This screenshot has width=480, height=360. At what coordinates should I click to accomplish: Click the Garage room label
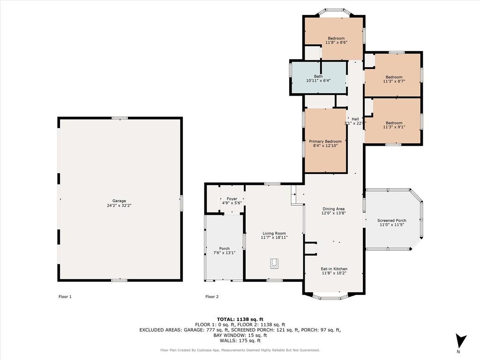click(119, 201)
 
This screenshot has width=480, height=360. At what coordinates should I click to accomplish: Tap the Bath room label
click(318, 76)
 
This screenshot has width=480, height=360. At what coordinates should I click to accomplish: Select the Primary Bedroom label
click(325, 142)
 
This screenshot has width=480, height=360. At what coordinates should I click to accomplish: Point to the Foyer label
click(232, 199)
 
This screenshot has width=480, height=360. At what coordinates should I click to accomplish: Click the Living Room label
click(274, 233)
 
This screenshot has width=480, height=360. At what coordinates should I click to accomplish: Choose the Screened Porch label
click(392, 220)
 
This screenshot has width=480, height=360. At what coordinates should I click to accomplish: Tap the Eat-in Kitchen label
click(334, 269)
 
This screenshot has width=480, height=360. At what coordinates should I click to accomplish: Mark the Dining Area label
click(334, 209)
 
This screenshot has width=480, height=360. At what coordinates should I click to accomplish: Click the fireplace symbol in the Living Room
click(274, 263)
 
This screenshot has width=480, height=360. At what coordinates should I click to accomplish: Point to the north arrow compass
click(461, 341)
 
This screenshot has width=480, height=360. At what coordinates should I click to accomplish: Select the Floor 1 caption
click(65, 297)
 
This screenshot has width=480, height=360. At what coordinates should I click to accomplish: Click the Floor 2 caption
click(212, 297)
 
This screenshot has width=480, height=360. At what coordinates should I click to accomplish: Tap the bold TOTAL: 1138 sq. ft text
click(240, 319)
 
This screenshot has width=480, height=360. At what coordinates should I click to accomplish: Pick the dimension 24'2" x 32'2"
click(119, 205)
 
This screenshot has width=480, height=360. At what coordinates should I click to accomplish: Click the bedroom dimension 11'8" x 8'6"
click(337, 43)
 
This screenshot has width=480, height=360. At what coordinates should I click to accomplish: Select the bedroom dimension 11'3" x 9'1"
click(394, 127)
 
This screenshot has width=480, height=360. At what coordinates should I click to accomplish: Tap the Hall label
click(355, 119)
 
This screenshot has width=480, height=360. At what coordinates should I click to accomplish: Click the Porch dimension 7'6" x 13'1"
click(225, 253)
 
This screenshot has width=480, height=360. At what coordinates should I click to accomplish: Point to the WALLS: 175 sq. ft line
click(240, 340)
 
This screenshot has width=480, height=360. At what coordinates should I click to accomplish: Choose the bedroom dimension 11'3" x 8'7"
click(394, 82)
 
